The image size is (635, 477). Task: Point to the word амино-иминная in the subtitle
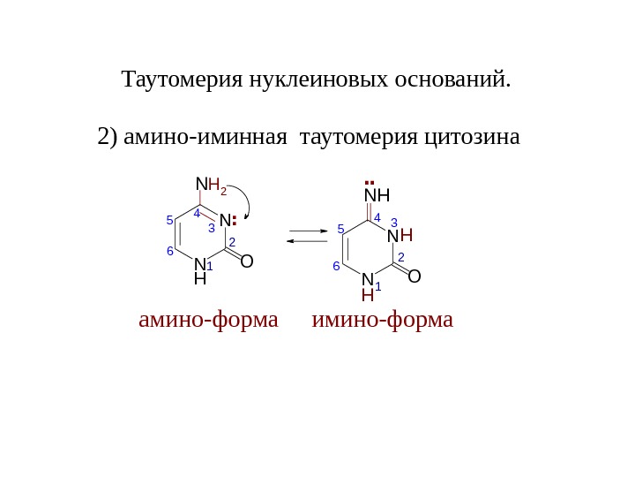tap(206, 138)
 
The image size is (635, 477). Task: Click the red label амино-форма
tap(208, 318)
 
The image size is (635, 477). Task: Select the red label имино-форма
tap(383, 318)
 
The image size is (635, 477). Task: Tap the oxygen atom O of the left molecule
tap(247, 262)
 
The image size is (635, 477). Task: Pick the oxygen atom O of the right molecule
tap(415, 276)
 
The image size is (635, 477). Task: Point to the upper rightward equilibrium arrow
tap(308, 231)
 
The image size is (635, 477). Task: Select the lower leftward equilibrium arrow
tap(308, 240)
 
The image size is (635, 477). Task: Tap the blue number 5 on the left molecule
tap(169, 221)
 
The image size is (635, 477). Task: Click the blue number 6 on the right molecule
tap(336, 266)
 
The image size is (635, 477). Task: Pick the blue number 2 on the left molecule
tap(232, 241)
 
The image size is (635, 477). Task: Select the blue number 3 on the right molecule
tap(394, 223)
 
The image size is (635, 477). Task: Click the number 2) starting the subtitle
tap(108, 138)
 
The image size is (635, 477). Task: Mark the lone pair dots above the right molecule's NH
tap(368, 185)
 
